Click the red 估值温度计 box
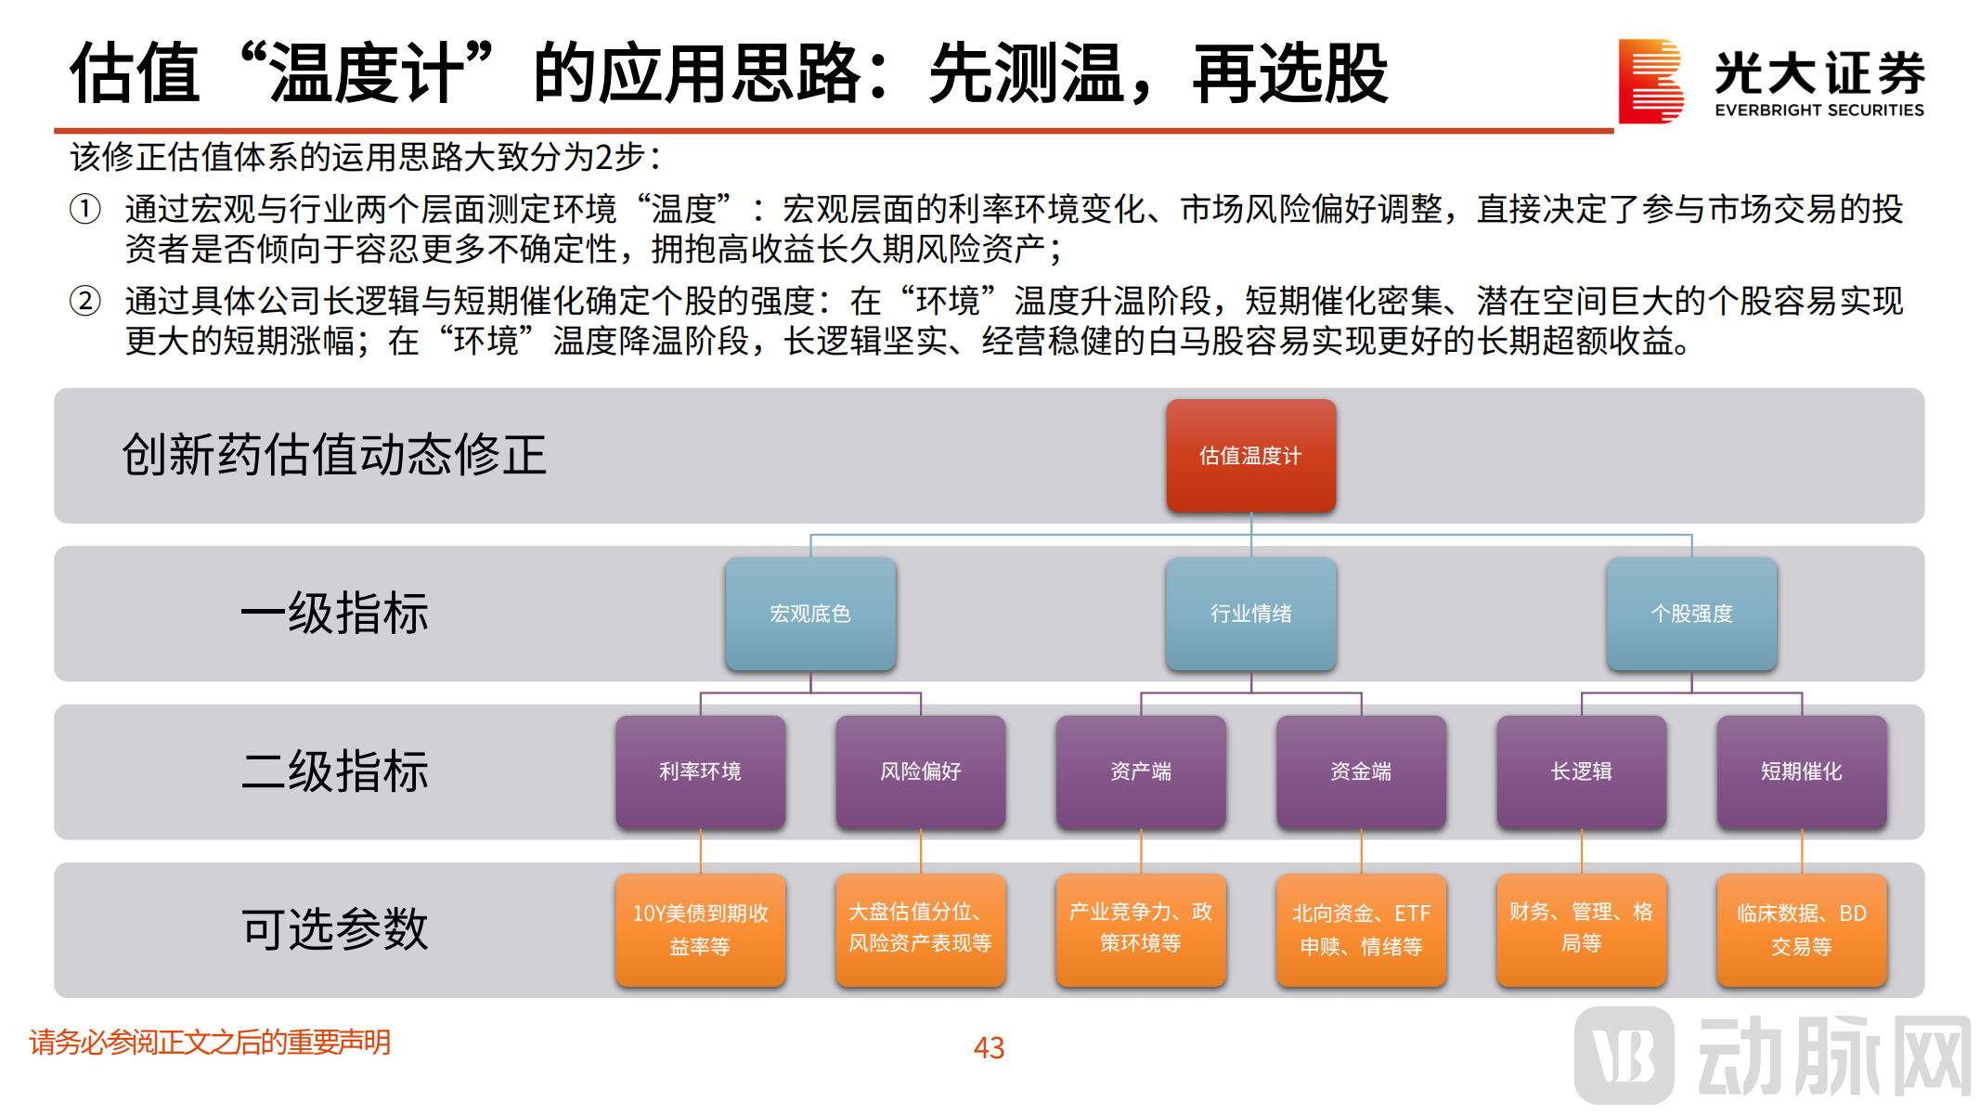(x=1250, y=456)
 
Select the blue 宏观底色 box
(x=810, y=614)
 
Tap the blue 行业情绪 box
(x=1250, y=614)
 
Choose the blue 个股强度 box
(x=1691, y=614)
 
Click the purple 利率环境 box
(x=700, y=771)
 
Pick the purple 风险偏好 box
(x=920, y=771)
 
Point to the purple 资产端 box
(x=1141, y=771)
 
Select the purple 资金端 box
(x=1361, y=771)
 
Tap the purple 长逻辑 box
(x=1581, y=771)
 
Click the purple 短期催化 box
(x=1801, y=771)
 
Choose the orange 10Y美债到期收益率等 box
(x=700, y=929)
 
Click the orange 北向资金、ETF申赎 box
(x=1361, y=929)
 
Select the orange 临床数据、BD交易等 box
(x=1801, y=929)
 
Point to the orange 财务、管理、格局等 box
(x=1581, y=929)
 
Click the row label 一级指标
(x=335, y=614)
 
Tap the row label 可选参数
(x=335, y=929)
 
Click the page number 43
(x=989, y=1048)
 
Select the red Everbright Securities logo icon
(x=1650, y=81)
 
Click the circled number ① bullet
(x=85, y=209)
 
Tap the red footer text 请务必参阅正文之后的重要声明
(x=210, y=1043)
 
